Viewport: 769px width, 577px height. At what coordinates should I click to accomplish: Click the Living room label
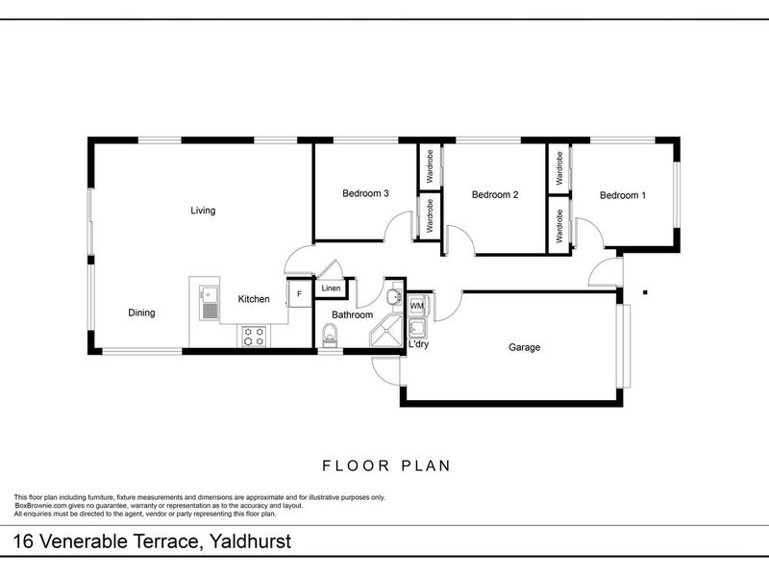[x=203, y=211]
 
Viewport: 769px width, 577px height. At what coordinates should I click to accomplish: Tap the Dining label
[x=141, y=313]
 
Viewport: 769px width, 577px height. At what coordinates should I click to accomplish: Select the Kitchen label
[x=254, y=299]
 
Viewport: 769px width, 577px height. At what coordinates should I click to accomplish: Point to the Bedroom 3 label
[x=365, y=193]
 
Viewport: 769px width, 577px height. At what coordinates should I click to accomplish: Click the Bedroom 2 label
[x=495, y=195]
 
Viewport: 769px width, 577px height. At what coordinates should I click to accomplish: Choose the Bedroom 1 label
[x=623, y=195]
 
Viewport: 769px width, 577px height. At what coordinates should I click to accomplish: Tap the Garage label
[x=524, y=347]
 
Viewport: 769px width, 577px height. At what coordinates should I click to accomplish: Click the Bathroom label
[x=352, y=314]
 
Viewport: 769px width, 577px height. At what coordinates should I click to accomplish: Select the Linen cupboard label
[x=330, y=288]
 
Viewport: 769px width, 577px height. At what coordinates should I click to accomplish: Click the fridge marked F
[x=299, y=292]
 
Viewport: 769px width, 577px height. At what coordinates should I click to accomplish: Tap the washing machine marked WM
[x=417, y=306]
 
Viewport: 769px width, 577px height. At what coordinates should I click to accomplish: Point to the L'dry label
[x=418, y=344]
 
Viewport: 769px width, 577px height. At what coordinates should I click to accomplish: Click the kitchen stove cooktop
[x=255, y=337]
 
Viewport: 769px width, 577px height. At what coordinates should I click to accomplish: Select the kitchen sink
[x=210, y=302]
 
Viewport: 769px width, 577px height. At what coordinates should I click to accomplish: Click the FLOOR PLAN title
[x=385, y=465]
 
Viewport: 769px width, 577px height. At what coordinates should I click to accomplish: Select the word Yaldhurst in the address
[x=247, y=541]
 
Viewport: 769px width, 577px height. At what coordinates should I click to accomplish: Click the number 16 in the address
[x=23, y=541]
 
